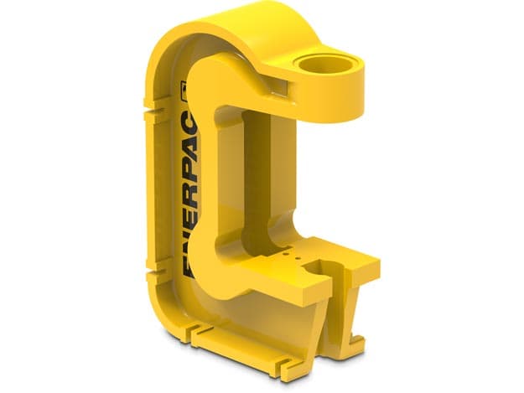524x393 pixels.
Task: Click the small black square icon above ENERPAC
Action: click(183, 90)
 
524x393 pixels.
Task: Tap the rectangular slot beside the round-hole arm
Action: click(278, 87)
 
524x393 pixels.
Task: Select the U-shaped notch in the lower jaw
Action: click(321, 267)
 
